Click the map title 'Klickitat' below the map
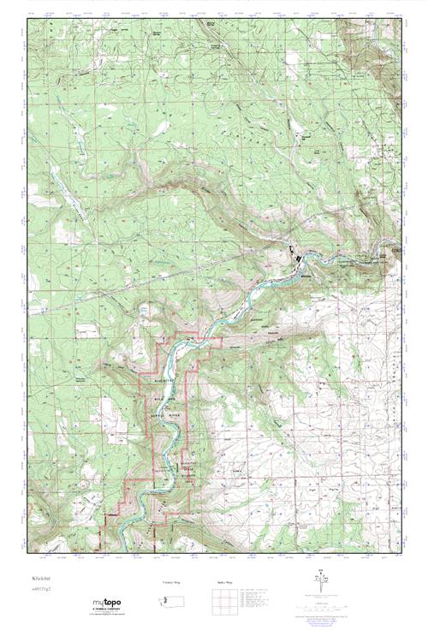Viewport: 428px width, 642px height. coord(42,579)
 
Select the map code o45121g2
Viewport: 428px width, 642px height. coord(42,590)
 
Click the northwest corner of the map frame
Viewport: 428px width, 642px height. coord(27,18)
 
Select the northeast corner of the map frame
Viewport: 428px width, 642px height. coord(401,18)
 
